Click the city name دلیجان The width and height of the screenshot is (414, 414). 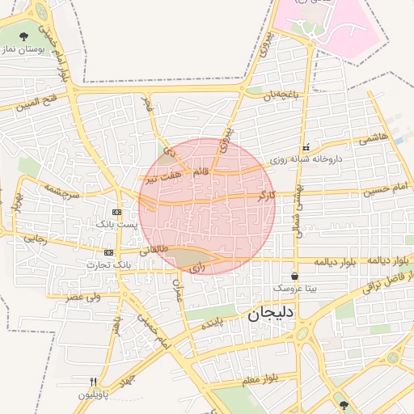click(271, 312)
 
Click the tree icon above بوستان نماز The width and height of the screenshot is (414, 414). click(25, 36)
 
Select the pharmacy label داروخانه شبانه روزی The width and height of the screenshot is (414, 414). click(315, 159)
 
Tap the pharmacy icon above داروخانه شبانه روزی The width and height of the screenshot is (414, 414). click(306, 148)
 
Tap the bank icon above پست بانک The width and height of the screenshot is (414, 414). click(117, 212)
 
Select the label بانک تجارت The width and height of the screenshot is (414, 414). click(111, 264)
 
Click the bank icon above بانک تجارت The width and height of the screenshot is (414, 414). click(109, 252)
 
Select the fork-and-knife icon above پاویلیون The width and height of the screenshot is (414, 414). click(95, 382)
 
